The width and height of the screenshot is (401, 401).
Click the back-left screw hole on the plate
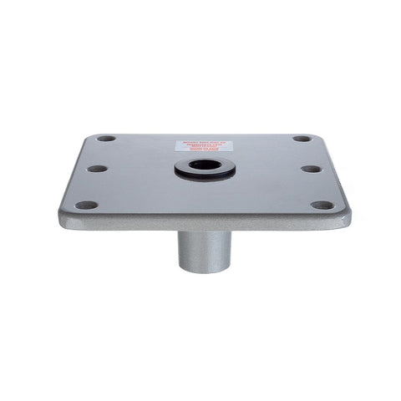tap(106, 139)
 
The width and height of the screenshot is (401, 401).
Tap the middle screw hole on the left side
tap(97, 168)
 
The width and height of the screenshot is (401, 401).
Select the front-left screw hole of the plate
tap(85, 205)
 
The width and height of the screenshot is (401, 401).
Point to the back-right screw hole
tap(302, 139)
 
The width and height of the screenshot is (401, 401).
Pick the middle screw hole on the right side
tap(311, 168)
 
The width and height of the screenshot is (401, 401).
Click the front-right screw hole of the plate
tap(322, 205)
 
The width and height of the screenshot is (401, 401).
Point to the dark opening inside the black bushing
tap(204, 165)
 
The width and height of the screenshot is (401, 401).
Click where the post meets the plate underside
tap(205, 233)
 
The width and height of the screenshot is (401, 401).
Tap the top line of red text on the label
tap(204, 143)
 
